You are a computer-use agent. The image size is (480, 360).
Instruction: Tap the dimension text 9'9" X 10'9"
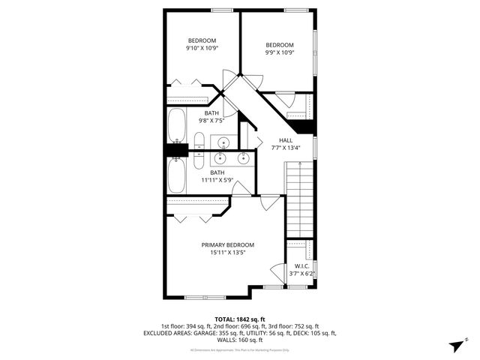click(x=280, y=52)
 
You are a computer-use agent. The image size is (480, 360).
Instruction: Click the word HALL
click(x=286, y=140)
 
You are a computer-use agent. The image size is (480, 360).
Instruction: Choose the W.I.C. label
click(x=302, y=266)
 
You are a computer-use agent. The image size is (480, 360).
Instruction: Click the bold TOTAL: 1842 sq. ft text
click(x=239, y=319)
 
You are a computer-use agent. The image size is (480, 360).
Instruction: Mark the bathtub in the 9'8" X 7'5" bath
click(x=178, y=125)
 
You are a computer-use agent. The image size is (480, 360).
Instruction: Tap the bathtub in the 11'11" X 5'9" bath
click(x=178, y=176)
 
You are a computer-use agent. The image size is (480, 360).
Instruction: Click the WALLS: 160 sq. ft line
click(x=239, y=340)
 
